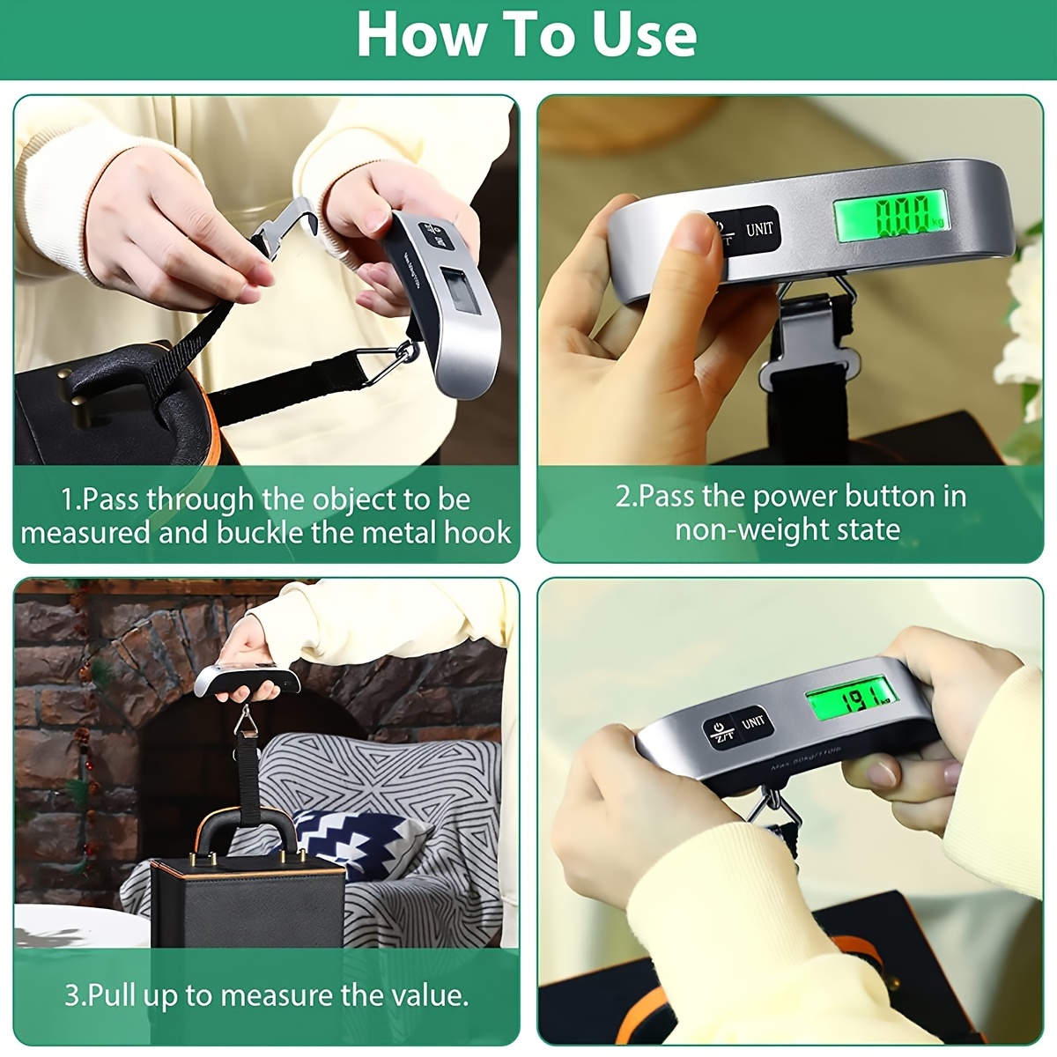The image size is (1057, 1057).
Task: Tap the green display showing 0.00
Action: [891, 216]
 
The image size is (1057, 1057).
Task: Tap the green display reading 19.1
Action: [852, 701]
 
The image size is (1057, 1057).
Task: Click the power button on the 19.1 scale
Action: [720, 731]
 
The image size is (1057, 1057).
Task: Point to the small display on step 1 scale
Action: [462, 291]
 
